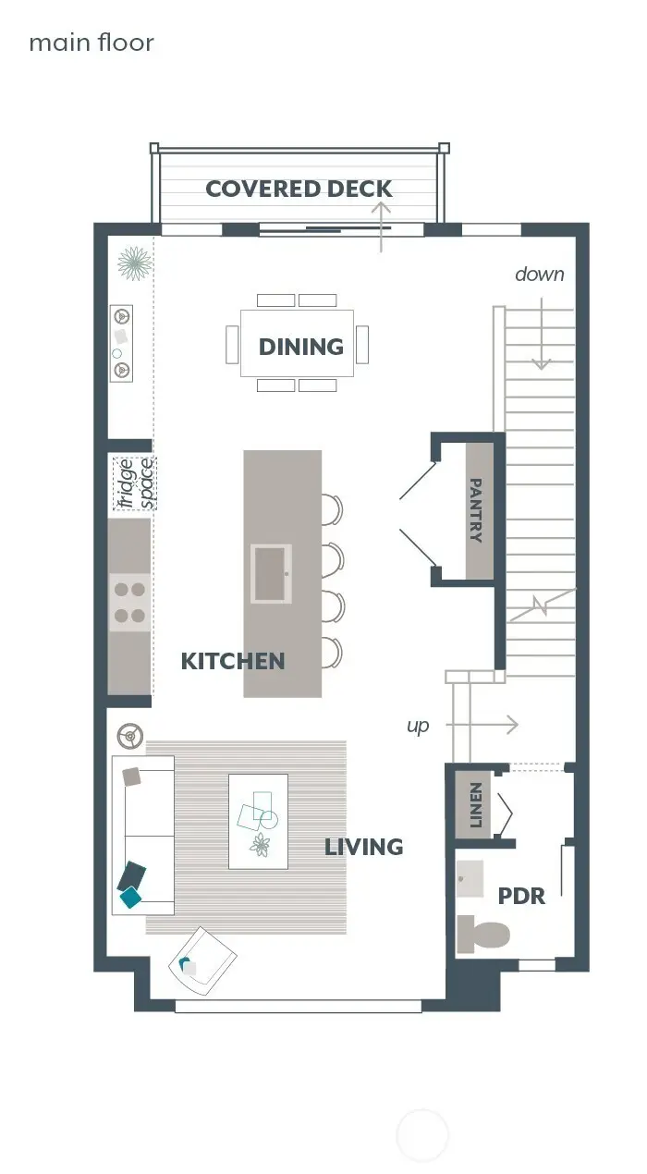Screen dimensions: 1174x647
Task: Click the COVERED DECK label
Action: click(299, 190)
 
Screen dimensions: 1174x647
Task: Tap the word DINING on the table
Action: click(300, 347)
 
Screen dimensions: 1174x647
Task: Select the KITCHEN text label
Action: click(232, 661)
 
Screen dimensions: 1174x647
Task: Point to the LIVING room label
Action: click(363, 847)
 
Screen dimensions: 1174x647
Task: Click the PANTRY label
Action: click(477, 510)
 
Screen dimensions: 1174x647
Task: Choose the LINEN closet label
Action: click(476, 804)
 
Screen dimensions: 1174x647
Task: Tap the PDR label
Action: click(521, 896)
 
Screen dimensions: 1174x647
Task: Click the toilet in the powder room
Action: click(482, 934)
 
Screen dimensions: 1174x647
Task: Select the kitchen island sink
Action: click(272, 573)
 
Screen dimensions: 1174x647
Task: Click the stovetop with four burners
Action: click(128, 601)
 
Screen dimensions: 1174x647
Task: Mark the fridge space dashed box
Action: click(134, 483)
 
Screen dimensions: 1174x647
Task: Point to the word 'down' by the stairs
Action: click(539, 274)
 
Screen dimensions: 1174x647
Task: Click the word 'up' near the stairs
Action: click(418, 726)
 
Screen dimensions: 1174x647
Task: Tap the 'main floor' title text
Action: click(92, 43)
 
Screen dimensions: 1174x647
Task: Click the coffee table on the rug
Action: click(258, 821)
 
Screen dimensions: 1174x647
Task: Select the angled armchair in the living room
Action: click(201, 961)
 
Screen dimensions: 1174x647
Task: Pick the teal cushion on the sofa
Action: click(131, 896)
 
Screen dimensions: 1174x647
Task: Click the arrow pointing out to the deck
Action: click(381, 226)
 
